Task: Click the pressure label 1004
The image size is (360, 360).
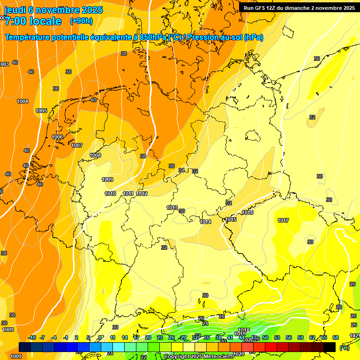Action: coord(22,101)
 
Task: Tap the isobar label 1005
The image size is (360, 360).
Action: coord(41,111)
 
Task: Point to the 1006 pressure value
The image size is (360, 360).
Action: coord(57,137)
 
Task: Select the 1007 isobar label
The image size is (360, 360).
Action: coord(77,145)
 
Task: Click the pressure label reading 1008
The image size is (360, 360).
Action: coord(95,155)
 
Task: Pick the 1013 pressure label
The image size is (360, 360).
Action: coord(172,208)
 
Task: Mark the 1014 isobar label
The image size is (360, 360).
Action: coord(205,222)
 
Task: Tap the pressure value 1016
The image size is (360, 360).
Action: coord(247,212)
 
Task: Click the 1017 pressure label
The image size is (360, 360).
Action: coord(283,220)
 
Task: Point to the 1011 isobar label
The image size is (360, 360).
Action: coord(128,194)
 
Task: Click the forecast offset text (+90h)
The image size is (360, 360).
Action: coord(81,21)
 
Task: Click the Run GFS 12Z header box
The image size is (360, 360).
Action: coord(299,8)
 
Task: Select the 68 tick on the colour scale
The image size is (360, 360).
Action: coord(336,337)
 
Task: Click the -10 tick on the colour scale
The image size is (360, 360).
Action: coord(32,337)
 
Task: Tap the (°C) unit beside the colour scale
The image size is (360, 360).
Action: coord(345,347)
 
